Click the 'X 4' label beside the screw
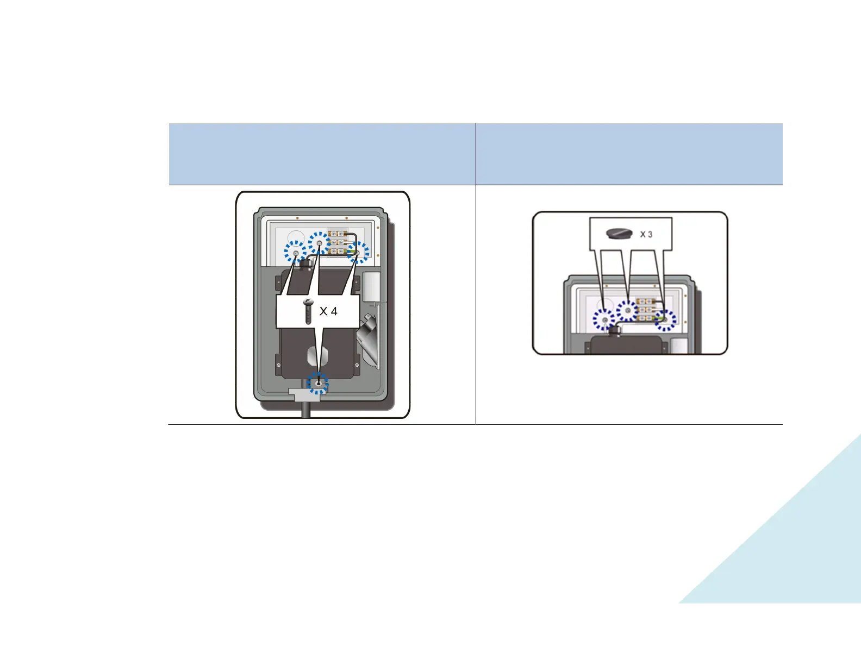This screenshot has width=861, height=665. [x=328, y=311]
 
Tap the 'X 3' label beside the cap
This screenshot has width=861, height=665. [x=646, y=234]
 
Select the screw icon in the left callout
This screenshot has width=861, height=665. [x=308, y=312]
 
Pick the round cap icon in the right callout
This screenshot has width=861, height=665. [x=619, y=233]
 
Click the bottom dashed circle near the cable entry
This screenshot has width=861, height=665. [x=318, y=383]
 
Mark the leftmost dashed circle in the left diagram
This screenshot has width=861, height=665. [x=295, y=252]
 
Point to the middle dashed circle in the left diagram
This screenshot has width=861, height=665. [x=319, y=243]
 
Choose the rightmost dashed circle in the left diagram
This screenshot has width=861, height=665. [x=358, y=253]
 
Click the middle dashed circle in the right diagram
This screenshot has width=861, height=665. [x=628, y=310]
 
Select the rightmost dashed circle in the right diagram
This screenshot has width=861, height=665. [x=665, y=320]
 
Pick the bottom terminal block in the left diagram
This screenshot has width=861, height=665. [x=338, y=251]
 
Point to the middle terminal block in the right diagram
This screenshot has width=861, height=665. [x=645, y=310]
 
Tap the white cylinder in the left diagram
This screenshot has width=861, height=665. [x=371, y=286]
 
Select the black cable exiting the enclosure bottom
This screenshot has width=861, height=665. [x=306, y=410]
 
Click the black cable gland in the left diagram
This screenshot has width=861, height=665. [x=306, y=264]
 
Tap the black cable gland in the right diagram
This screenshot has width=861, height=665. [x=615, y=331]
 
